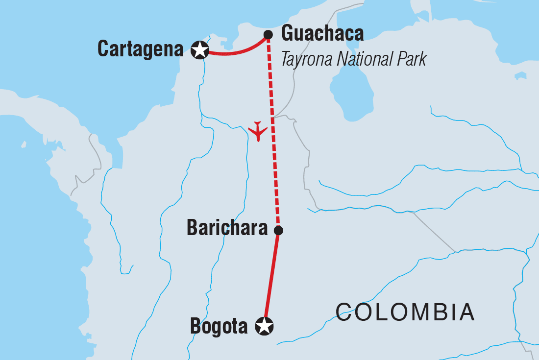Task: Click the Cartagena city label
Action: click(140, 49)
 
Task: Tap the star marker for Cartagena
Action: click(199, 50)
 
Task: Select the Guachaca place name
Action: click(322, 34)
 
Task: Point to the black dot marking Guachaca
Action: click(268, 34)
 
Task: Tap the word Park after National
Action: click(410, 59)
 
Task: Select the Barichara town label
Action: click(227, 229)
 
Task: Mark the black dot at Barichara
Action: click(278, 230)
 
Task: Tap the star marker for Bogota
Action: click(265, 326)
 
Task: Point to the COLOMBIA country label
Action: click(405, 312)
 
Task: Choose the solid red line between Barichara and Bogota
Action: click(271, 277)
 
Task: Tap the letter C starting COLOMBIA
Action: click(344, 312)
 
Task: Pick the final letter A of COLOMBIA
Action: click(466, 312)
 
